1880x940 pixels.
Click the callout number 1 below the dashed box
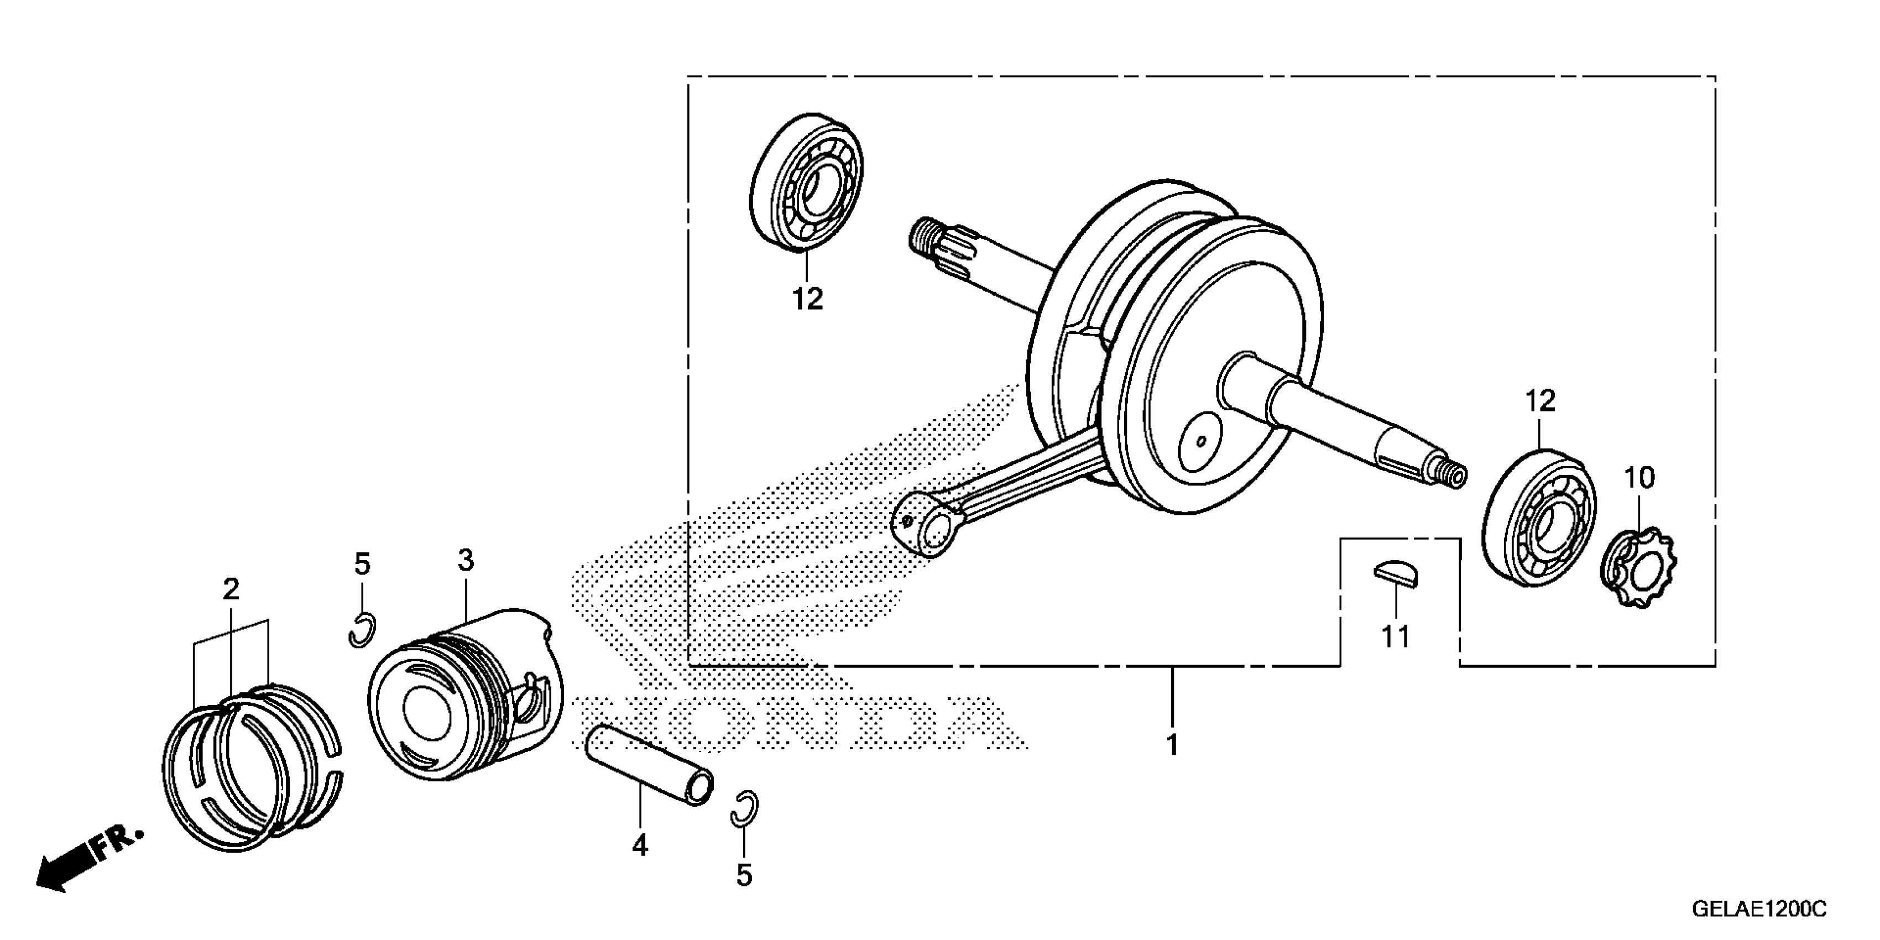(1172, 745)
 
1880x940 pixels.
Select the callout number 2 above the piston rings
(231, 589)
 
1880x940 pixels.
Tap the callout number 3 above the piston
(466, 561)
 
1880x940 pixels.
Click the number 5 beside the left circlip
(362, 564)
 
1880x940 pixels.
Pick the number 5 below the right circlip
(744, 876)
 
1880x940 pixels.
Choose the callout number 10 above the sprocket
(1639, 479)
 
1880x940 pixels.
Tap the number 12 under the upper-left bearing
(807, 299)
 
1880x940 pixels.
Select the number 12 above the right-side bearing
(1540, 401)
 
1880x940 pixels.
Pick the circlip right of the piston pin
(744, 808)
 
